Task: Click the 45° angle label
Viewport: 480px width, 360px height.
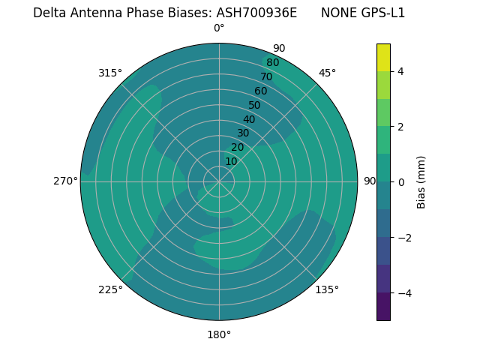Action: pos(327,73)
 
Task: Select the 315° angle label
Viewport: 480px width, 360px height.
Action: pos(110,73)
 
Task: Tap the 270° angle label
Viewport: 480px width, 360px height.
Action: pos(65,181)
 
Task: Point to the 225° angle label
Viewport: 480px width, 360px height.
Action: pos(110,289)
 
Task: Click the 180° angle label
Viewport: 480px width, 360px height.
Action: pos(219,334)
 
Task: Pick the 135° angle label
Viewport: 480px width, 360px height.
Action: pos(327,289)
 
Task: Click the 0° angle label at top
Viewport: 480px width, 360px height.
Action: pos(219,28)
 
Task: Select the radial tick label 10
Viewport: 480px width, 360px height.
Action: pos(231,161)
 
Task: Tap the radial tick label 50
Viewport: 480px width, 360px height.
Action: pos(254,105)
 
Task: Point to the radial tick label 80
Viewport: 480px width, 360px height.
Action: pos(272,63)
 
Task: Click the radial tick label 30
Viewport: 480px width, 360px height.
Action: pos(243,133)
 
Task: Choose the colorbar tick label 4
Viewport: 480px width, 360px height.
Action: pos(400,71)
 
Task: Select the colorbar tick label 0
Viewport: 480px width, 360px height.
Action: pos(400,181)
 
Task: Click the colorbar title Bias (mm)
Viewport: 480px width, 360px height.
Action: pos(421,181)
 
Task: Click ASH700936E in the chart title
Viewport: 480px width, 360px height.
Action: pos(256,13)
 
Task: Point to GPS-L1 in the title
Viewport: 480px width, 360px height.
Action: pos(382,13)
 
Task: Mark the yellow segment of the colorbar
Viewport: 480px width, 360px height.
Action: pos(383,57)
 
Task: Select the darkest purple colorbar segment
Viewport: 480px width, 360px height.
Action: pos(383,306)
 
